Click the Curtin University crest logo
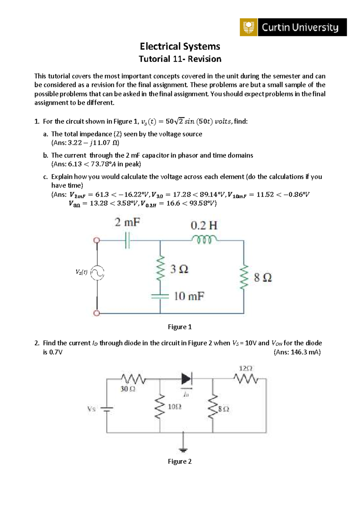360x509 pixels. [248, 27]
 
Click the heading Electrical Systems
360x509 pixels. [180, 46]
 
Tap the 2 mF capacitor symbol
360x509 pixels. [127, 240]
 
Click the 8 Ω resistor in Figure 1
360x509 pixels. [244, 277]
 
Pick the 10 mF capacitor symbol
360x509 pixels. [160, 296]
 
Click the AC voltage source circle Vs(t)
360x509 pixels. [97, 273]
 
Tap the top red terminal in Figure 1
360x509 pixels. [96, 240]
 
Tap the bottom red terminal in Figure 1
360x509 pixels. [96, 313]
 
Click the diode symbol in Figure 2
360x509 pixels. [186, 379]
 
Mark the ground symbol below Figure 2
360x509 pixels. [183, 449]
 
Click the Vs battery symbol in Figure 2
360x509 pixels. [106, 409]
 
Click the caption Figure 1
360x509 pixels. [180, 327]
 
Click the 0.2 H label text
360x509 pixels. [204, 225]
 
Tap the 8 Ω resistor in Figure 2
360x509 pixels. [213, 407]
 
